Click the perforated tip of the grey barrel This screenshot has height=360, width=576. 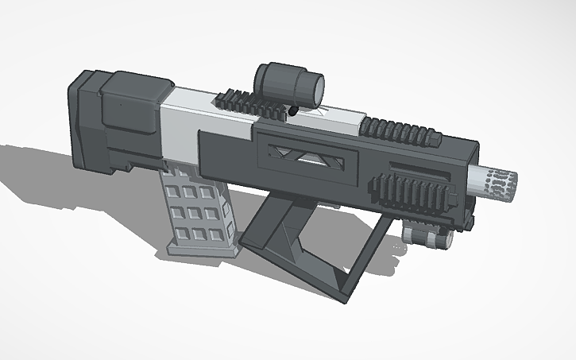coord(504,182)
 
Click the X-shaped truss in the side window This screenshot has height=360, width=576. coord(304,153)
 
